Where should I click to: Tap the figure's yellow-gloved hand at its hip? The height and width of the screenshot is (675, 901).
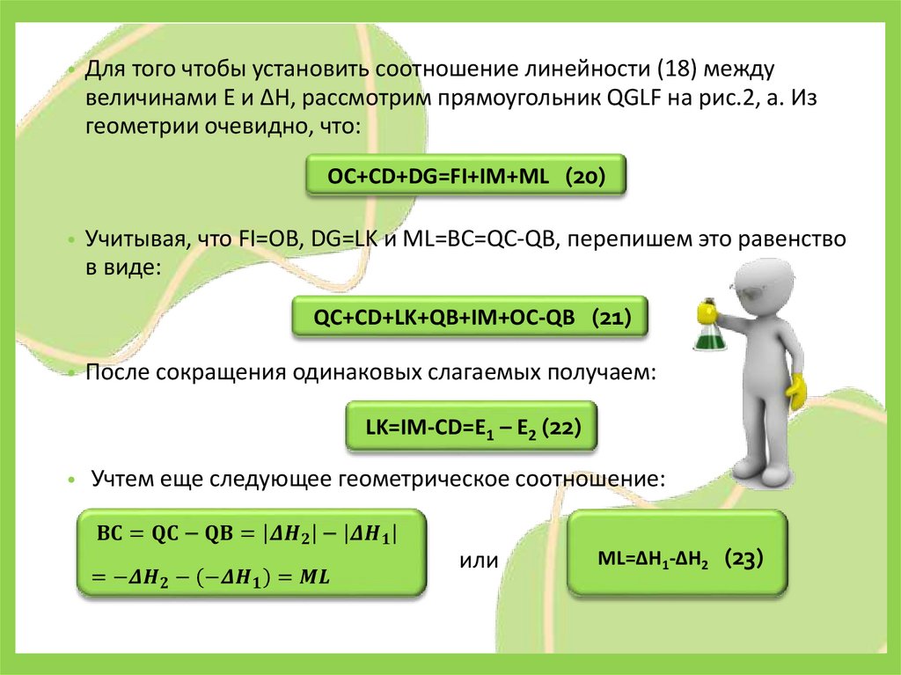click(797, 391)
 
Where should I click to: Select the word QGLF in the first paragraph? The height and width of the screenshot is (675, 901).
click(623, 98)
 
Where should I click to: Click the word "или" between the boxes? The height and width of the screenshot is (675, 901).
click(479, 560)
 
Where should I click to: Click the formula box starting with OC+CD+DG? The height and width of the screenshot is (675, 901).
click(465, 177)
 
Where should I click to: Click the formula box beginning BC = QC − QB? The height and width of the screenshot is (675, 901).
click(253, 554)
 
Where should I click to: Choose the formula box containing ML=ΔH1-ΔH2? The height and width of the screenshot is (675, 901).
click(678, 557)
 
